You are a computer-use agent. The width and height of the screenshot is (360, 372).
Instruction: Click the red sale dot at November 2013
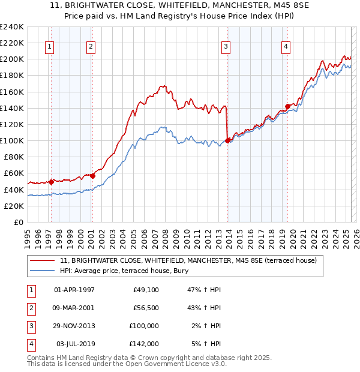[228, 140]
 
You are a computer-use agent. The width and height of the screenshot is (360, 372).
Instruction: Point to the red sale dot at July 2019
[287, 106]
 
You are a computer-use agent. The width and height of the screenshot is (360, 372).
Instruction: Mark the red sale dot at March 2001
[92, 176]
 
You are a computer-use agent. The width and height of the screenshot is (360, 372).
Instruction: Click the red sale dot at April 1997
[51, 182]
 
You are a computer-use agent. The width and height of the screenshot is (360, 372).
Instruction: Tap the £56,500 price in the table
[146, 308]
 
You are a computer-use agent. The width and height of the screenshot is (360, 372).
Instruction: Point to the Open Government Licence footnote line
[127, 364]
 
